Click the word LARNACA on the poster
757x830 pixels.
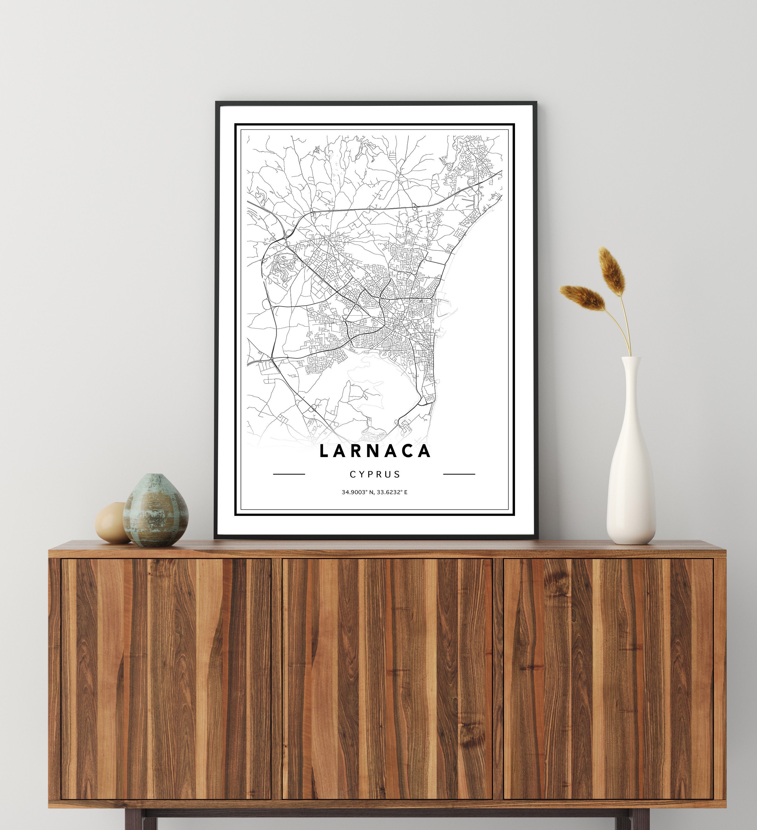pyautogui.click(x=375, y=451)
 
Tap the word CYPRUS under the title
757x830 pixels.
pyautogui.click(x=375, y=474)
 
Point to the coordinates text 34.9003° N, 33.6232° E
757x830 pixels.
pyautogui.click(x=374, y=492)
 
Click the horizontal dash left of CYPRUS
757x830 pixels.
pyautogui.click(x=289, y=474)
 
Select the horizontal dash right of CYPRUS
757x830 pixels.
pyautogui.click(x=459, y=474)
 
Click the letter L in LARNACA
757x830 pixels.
pyautogui.click(x=324, y=451)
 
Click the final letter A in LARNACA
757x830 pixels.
pyautogui.click(x=424, y=451)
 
